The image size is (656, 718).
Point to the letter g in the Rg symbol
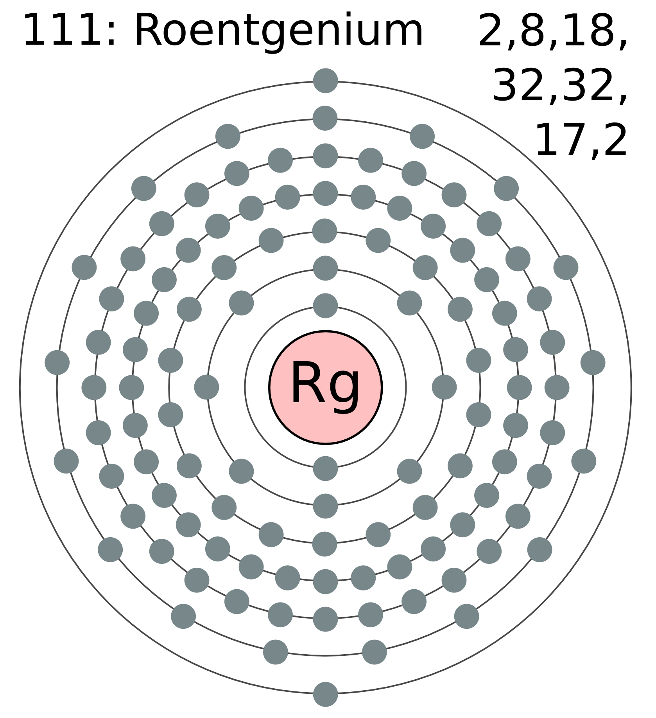coord(344,387)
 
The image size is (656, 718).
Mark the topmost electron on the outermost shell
coord(325,80)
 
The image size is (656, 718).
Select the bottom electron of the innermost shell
coord(325,468)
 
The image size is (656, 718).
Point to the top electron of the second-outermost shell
coord(325,117)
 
